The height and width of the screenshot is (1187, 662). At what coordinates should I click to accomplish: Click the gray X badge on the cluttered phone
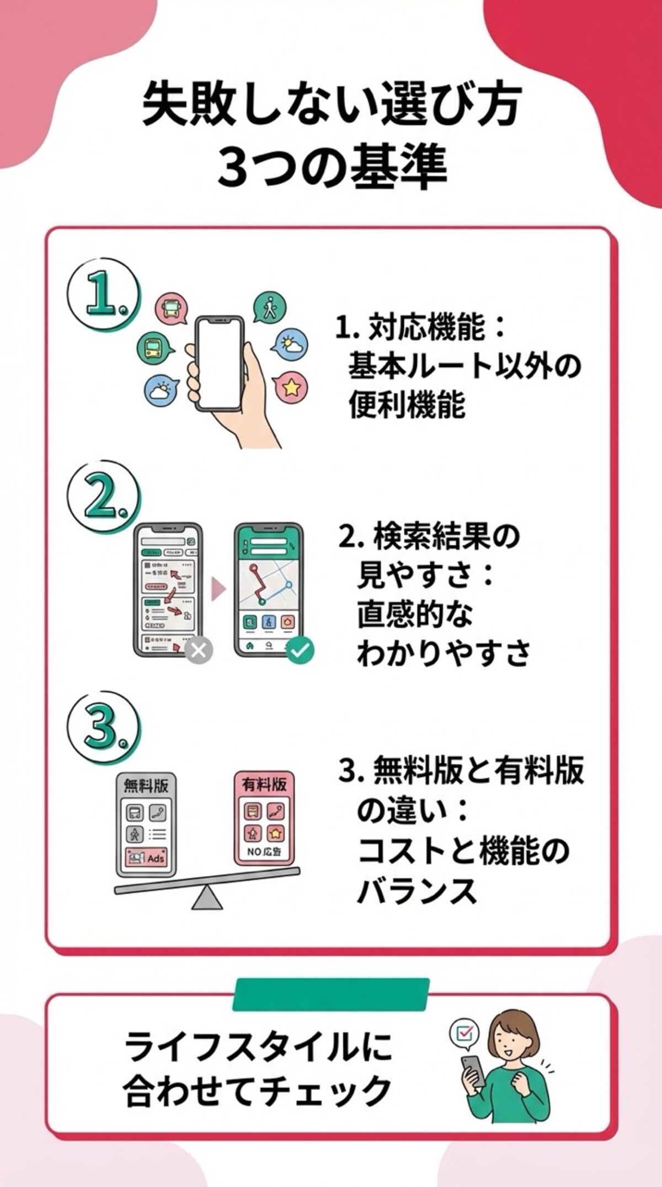coord(198,650)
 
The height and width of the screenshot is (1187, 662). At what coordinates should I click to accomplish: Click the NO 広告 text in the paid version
coord(264,851)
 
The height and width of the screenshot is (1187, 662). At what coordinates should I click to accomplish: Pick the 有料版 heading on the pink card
coord(264,784)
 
